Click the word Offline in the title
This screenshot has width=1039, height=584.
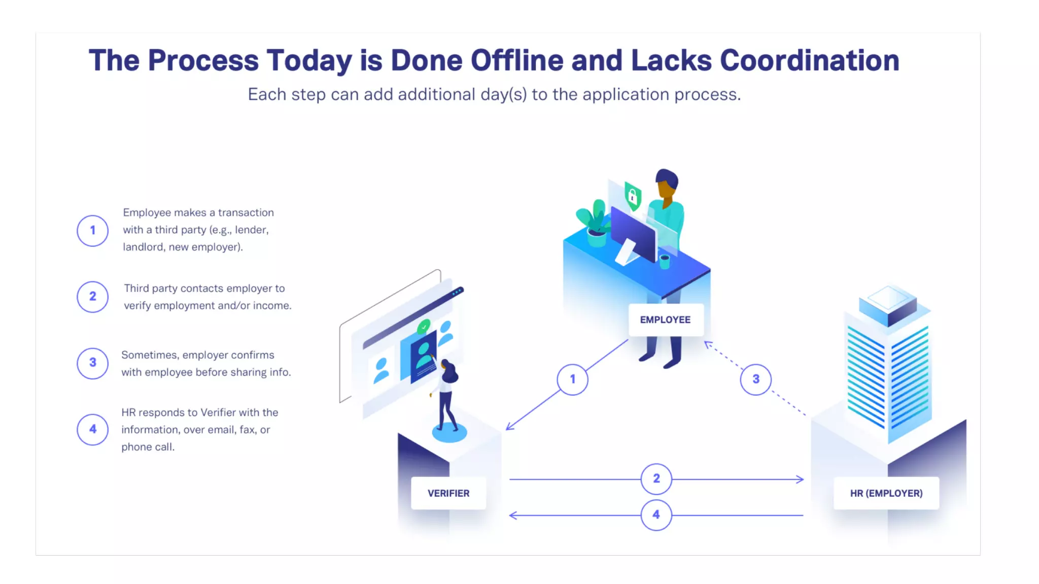point(516,60)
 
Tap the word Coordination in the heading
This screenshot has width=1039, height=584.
point(809,60)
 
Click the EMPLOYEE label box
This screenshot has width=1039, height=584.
point(665,320)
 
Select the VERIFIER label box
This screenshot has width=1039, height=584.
point(448,493)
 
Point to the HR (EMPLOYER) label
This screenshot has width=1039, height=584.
point(886,493)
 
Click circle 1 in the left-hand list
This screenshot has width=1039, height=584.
point(92,231)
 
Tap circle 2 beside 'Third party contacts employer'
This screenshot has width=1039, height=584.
point(92,297)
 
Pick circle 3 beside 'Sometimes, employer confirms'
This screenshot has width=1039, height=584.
point(92,363)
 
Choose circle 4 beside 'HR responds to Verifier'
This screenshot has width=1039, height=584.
point(92,429)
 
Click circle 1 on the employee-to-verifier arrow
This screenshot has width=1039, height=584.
point(572,379)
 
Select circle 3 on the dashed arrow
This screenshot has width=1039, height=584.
point(755,379)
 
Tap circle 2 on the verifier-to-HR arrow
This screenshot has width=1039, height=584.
point(656,479)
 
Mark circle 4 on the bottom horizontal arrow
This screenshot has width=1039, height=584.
point(656,515)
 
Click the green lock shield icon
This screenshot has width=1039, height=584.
point(633,196)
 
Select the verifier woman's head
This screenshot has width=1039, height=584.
point(449,372)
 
